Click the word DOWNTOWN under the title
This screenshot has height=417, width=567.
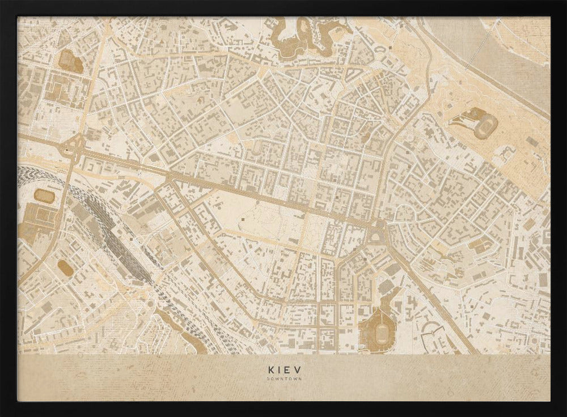click(285, 379)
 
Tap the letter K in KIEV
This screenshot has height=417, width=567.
click(271, 369)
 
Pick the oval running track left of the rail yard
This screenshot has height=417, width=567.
click(44, 196)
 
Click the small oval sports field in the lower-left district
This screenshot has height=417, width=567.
click(65, 268)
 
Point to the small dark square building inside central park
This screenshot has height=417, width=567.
click(243, 217)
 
